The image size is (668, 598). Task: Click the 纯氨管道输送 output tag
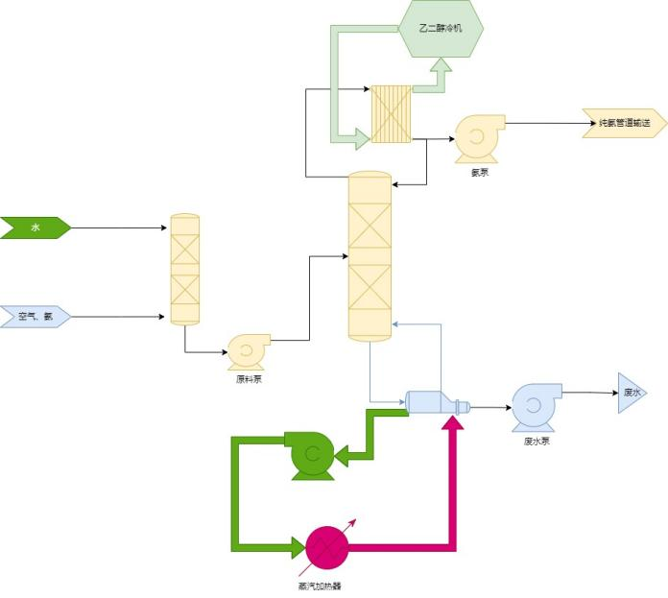624,124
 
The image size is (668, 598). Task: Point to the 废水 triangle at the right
632,393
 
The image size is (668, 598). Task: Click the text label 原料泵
249,379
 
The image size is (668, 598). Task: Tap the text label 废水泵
537,442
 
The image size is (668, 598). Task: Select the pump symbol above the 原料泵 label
249,351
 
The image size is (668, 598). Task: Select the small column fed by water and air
184,270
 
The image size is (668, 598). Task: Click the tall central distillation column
370,256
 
